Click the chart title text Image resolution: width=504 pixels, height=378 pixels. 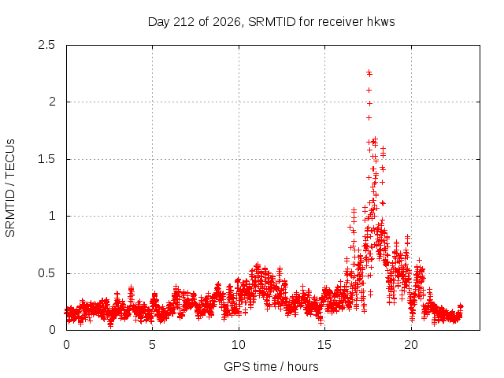coord(271,22)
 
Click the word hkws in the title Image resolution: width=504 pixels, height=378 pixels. coord(381,22)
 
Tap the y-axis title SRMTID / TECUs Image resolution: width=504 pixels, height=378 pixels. coord(10,188)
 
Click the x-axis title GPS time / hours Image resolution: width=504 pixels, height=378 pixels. coord(271,366)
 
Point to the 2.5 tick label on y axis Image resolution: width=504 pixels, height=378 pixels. coord(46,45)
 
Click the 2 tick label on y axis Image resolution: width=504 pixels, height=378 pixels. coord(52,102)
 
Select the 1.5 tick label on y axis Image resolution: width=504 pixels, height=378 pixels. coord(46,159)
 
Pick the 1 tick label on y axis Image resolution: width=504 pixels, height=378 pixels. coord(52,216)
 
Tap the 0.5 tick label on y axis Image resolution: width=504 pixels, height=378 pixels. coord(46,273)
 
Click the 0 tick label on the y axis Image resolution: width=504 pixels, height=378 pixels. coord(52,330)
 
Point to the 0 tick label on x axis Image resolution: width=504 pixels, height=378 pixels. coord(66,345)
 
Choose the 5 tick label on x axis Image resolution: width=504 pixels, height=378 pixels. coord(152,345)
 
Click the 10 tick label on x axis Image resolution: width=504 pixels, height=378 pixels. coord(239,345)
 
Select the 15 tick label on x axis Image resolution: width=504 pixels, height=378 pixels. coord(324,345)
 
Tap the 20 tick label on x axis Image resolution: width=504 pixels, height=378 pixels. coord(411,345)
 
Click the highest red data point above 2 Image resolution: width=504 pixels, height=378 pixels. coord(369,72)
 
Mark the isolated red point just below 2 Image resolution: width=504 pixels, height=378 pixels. coord(369,103)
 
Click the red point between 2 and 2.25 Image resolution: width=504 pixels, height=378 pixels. coord(369,91)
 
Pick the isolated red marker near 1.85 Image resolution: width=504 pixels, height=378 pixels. coord(369,118)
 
